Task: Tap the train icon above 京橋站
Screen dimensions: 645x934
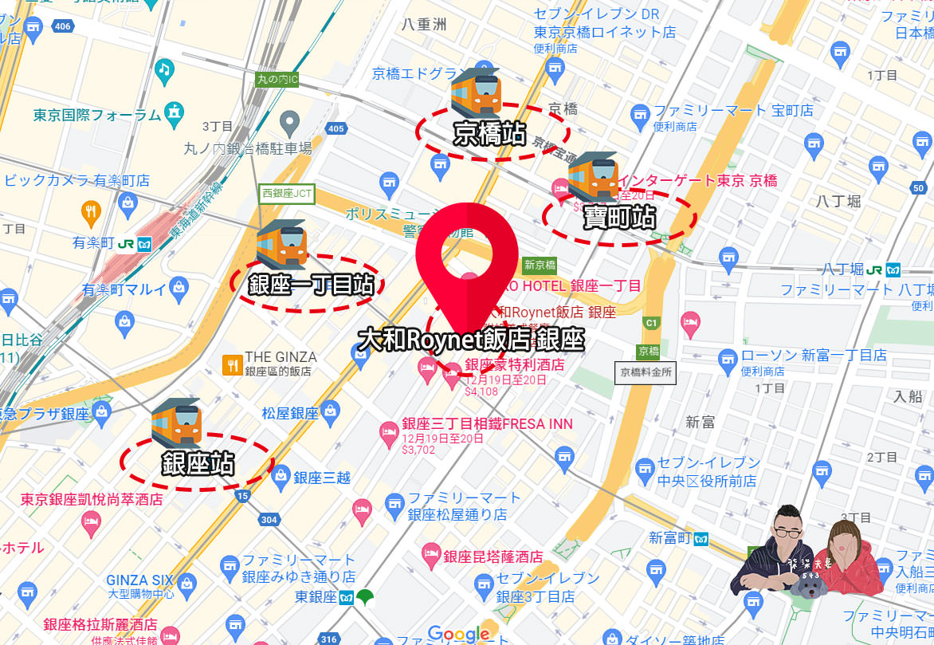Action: click(475, 92)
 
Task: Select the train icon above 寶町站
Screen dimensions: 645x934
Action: click(593, 177)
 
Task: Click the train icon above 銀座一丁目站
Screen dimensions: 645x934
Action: click(281, 245)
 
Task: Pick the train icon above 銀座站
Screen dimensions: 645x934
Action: click(177, 423)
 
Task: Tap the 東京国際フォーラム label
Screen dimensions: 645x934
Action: click(97, 116)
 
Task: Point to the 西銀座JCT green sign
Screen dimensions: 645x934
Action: click(287, 193)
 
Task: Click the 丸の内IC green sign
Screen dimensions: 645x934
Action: click(277, 80)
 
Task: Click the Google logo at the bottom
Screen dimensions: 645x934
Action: click(458, 635)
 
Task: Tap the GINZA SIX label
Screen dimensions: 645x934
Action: click(139, 580)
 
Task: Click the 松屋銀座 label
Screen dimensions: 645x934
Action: click(290, 413)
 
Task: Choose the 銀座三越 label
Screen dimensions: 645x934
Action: click(322, 478)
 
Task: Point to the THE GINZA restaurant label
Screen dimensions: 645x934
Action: click(281, 357)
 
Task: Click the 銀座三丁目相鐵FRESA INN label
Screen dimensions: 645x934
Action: click(487, 424)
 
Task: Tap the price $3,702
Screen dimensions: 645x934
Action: click(418, 450)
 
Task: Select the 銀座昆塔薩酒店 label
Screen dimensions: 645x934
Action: click(493, 557)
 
